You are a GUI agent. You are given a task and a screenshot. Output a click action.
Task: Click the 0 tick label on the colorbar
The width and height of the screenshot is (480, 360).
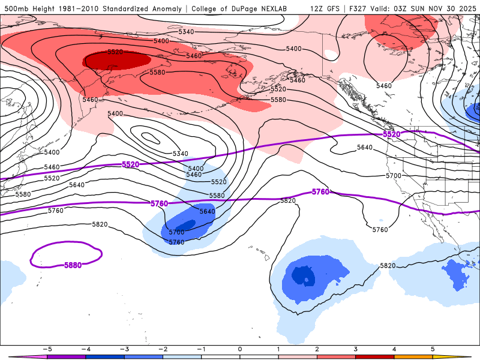click(240, 348)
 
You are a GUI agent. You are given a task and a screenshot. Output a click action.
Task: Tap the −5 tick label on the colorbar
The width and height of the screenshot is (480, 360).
click(46, 348)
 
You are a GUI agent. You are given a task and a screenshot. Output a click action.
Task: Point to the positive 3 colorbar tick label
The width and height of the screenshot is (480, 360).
click(356, 348)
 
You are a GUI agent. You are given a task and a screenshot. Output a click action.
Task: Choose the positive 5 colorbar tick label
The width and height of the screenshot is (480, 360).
click(433, 348)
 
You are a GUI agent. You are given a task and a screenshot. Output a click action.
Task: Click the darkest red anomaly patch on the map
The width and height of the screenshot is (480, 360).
click(117, 61)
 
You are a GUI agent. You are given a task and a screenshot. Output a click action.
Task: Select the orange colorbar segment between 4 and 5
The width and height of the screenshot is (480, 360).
click(413, 356)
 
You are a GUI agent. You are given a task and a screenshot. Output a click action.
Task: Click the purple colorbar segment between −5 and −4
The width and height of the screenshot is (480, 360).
click(66, 356)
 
